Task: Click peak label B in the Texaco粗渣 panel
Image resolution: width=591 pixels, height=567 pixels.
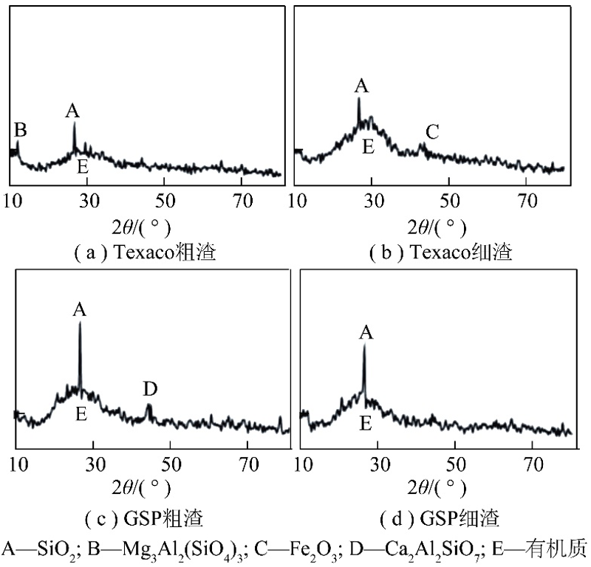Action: pos(21,131)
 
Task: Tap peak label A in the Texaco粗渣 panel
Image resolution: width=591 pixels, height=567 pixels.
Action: pos(72,111)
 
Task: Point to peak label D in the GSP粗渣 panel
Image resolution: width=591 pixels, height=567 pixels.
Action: pos(151,388)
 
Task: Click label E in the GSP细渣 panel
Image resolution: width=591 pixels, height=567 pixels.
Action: pos(366,423)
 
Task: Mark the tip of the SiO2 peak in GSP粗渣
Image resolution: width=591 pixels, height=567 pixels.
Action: pos(80,323)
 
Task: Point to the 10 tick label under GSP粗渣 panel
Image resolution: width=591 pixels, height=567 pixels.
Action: pos(19,464)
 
